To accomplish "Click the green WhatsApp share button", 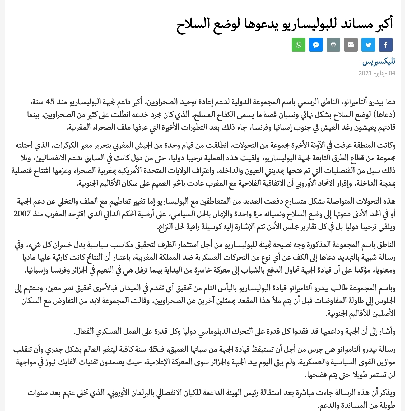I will point(299,45).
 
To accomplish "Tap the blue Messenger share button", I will point(316,45).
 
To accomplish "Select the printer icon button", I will point(333,45).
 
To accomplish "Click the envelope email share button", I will point(351,45).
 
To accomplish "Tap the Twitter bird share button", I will point(368,45).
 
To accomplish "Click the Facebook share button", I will point(386,45).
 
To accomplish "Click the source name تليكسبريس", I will point(379,62).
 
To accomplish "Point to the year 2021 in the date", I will point(365,73).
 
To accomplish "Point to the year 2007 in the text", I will point(22,214).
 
